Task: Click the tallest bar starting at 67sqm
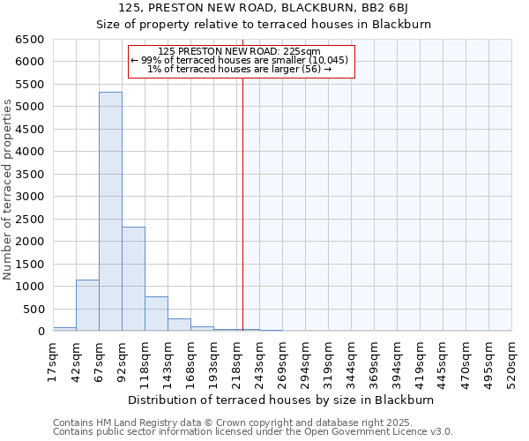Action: tap(110, 212)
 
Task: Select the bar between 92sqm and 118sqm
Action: tap(133, 279)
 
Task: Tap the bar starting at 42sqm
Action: tap(87, 305)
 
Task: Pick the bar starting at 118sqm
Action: tap(156, 314)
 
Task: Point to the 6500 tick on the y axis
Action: tap(30, 40)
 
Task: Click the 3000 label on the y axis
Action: tap(30, 197)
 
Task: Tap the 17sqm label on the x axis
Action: tap(54, 360)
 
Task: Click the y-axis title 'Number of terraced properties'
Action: tap(9, 190)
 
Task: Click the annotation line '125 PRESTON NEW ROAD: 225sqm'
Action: tap(240, 52)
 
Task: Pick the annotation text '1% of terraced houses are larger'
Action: tap(240, 69)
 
